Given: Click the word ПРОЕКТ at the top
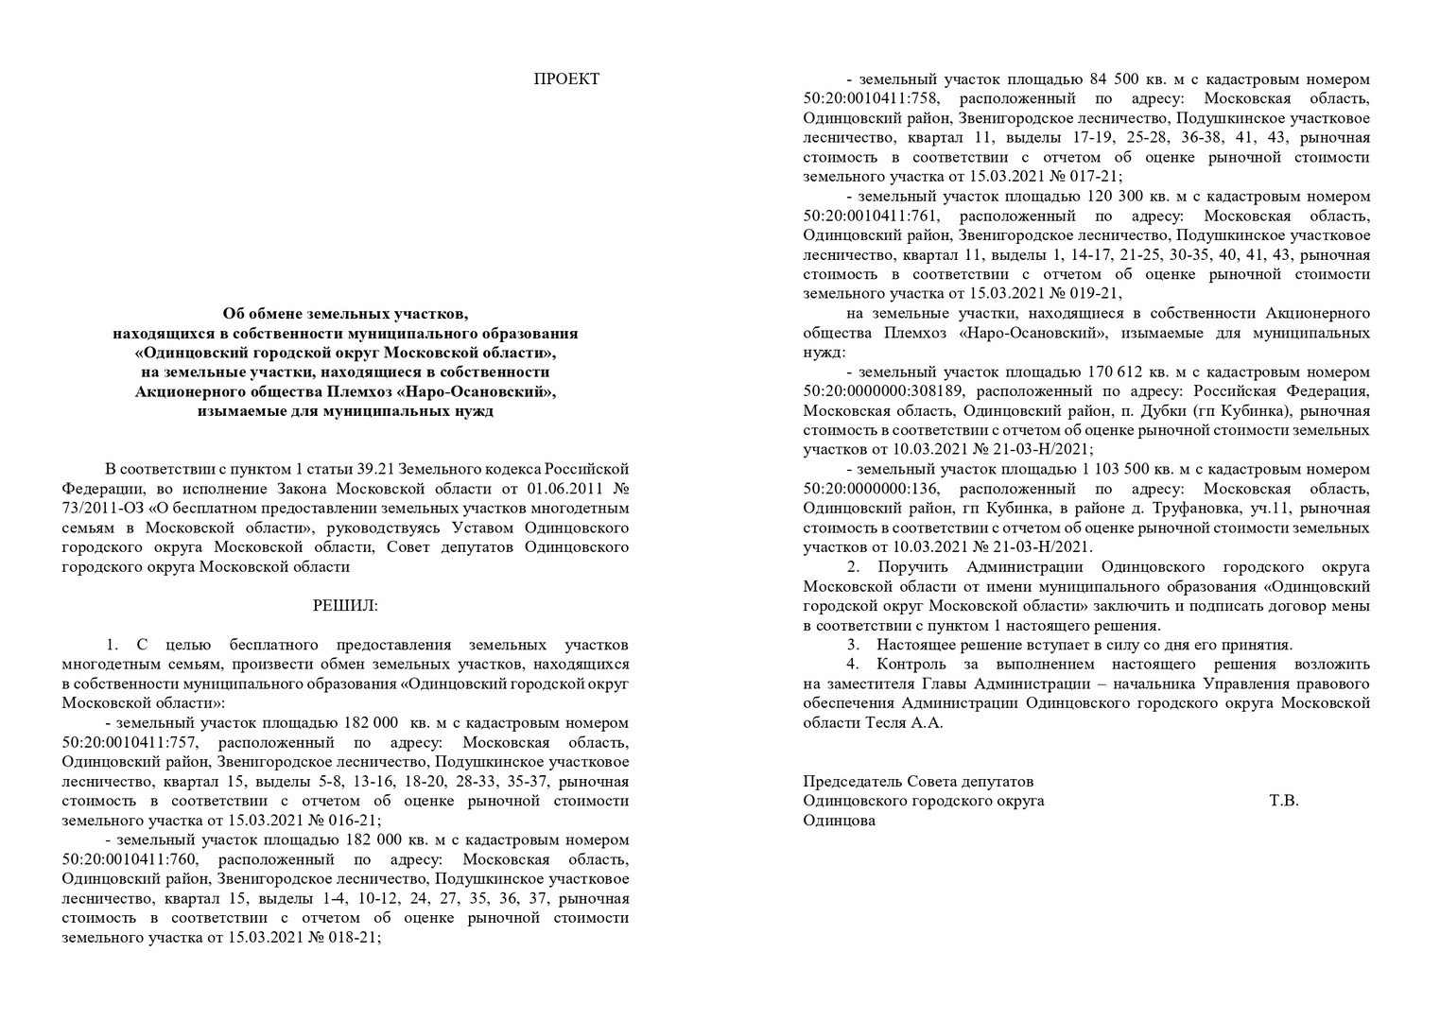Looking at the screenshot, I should click(566, 79).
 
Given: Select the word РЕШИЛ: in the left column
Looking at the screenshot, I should click(344, 605).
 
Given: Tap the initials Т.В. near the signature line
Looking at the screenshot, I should click(1283, 801).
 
